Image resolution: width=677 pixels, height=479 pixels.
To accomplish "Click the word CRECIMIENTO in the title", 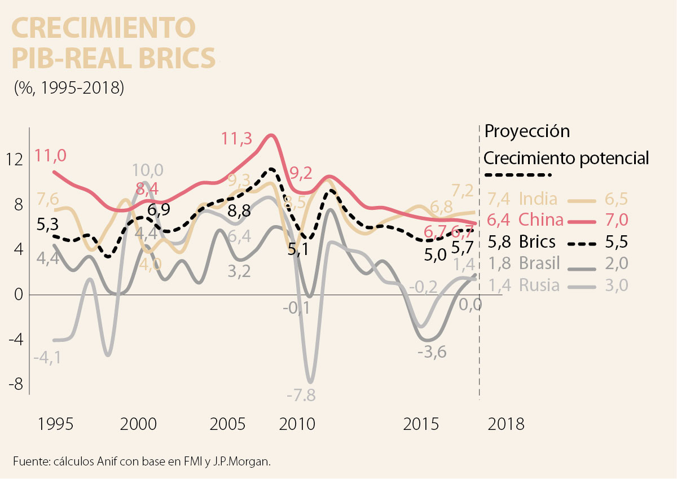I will point(104,28).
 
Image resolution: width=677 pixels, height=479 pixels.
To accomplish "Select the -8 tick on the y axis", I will point(17,384).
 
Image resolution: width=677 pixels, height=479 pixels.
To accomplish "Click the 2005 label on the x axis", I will point(228,424).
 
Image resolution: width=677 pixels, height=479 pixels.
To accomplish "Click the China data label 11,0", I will point(50,155).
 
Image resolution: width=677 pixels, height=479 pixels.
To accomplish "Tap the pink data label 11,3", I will point(237,139).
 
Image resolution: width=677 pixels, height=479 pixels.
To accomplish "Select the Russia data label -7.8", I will point(301,395).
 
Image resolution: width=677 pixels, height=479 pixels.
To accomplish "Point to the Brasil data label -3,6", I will point(432,353).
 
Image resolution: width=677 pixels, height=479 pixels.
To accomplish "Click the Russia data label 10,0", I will point(148,170).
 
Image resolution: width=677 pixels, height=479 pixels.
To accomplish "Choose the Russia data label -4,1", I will point(48,357).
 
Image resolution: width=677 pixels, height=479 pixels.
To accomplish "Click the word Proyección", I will point(527,131).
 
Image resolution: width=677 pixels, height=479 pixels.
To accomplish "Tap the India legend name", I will point(538,199).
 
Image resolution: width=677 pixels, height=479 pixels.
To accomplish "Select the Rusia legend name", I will point(539,285).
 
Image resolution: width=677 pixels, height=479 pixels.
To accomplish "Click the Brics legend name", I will point(537,242).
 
